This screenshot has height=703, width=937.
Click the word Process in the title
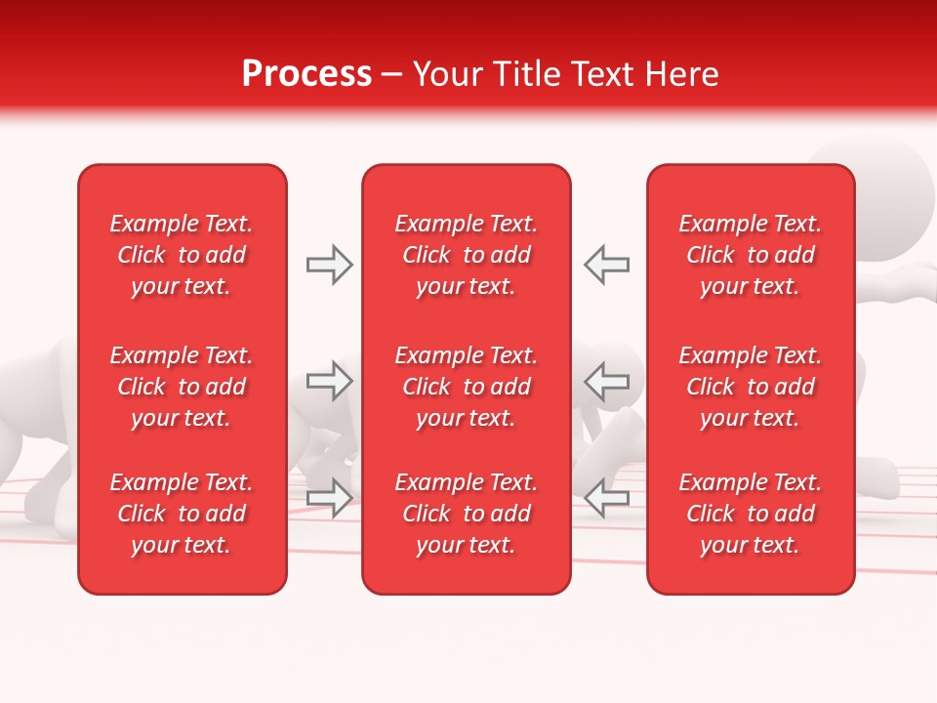pos(306,74)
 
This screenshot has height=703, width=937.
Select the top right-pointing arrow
pos(330,265)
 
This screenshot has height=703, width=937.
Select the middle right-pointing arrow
pos(330,381)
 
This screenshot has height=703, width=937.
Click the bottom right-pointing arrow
pos(330,498)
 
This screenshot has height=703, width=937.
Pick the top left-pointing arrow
pos(606,265)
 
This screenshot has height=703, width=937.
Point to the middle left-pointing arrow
pos(606,381)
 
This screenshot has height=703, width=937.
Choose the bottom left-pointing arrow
pos(606,498)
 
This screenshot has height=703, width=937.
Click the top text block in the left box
pos(182,255)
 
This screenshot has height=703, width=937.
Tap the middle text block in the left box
pos(182,387)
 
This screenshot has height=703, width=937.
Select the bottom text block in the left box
pos(182,514)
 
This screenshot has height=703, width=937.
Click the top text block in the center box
pos(466,255)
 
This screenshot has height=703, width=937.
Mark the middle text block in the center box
pos(466,387)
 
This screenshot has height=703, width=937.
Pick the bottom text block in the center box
pos(466,514)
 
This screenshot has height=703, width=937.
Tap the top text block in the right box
pos(750,255)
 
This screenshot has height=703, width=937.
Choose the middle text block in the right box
pos(750,387)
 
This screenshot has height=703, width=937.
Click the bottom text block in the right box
pos(750,514)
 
